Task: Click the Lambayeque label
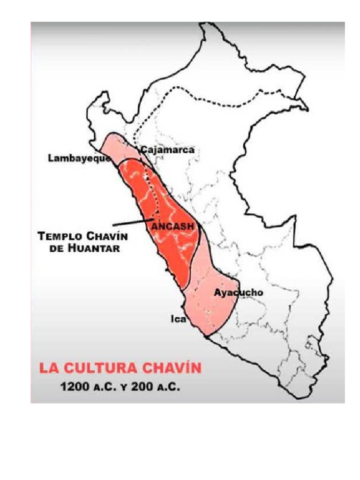tap(79, 158)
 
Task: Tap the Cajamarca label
tap(167, 150)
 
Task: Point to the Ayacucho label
tap(238, 293)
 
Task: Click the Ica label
tap(178, 320)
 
